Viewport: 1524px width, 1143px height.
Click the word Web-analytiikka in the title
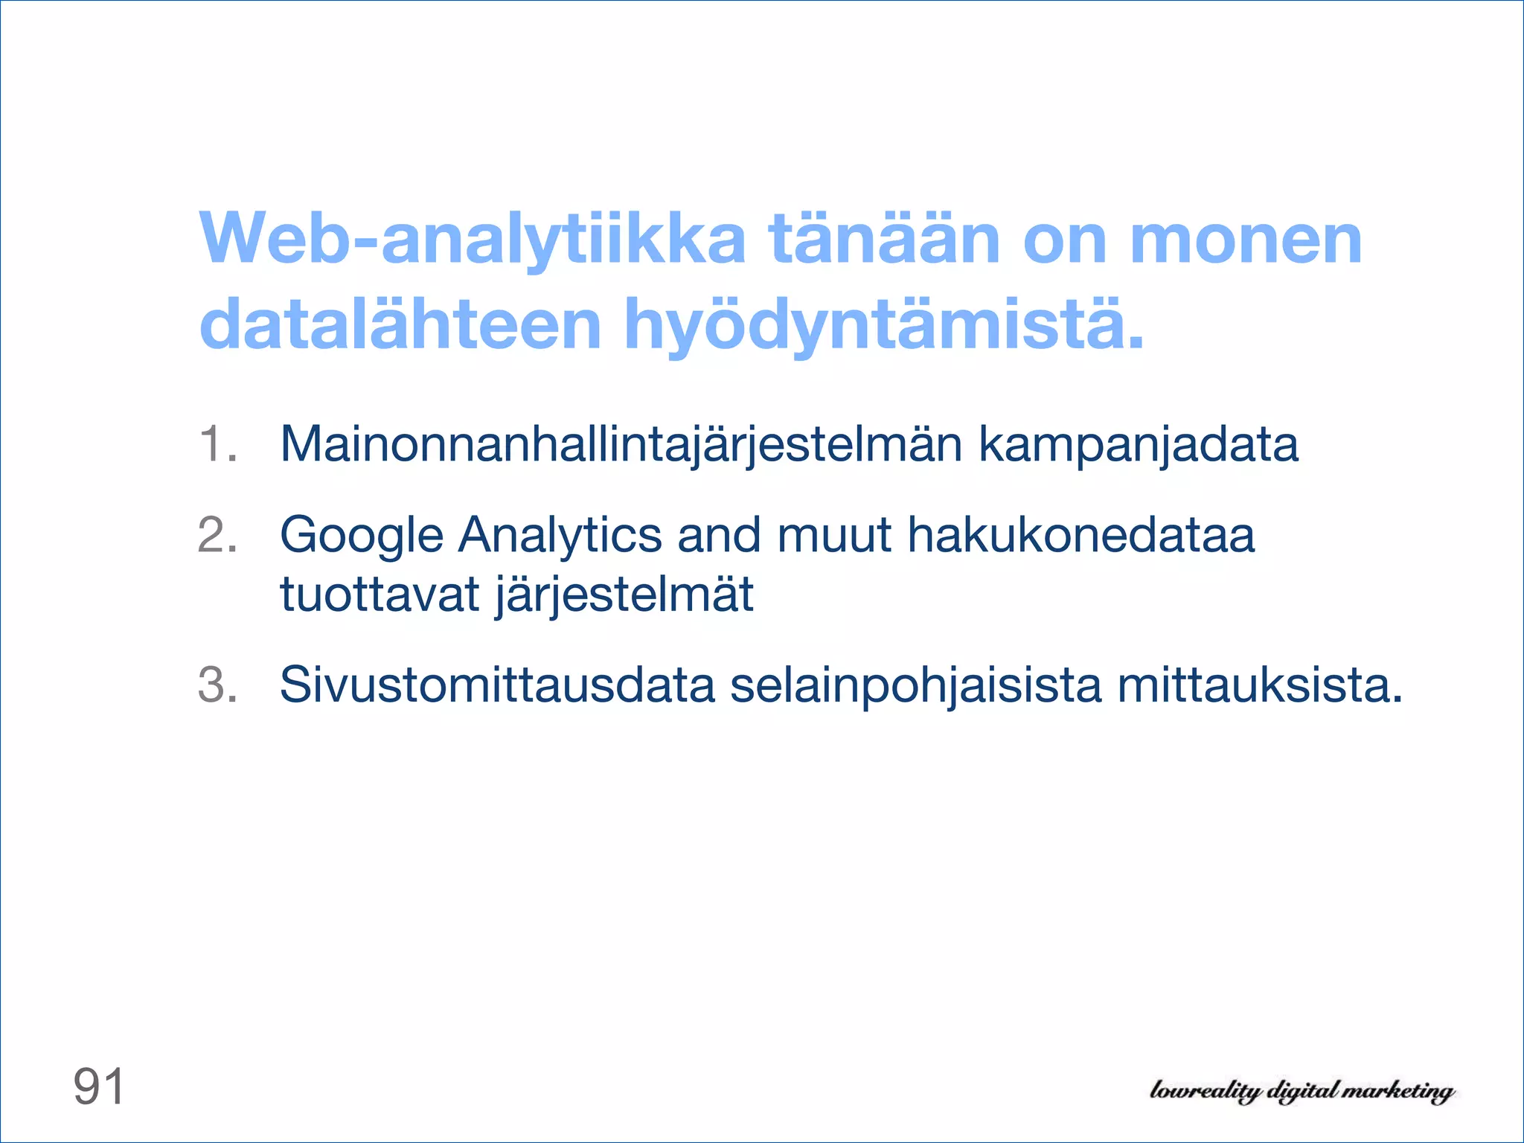[472, 240]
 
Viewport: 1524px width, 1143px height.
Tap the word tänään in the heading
[884, 240]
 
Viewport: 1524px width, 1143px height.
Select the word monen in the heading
[1246, 240]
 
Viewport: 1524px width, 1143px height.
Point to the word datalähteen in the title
[400, 325]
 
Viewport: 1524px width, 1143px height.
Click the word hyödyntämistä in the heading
[883, 325]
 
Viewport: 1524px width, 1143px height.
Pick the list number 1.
[217, 444]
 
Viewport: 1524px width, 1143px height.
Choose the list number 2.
[217, 535]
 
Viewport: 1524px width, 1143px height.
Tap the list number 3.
[217, 684]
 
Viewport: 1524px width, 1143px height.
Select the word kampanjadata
[1138, 444]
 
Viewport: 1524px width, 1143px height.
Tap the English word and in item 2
[719, 536]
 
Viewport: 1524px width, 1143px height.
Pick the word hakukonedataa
[1081, 536]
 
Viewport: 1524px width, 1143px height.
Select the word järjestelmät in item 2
[624, 596]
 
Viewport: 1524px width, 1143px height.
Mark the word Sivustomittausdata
[497, 685]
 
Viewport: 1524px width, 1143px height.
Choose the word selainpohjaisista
[915, 685]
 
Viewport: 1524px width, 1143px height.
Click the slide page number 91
[99, 1086]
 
